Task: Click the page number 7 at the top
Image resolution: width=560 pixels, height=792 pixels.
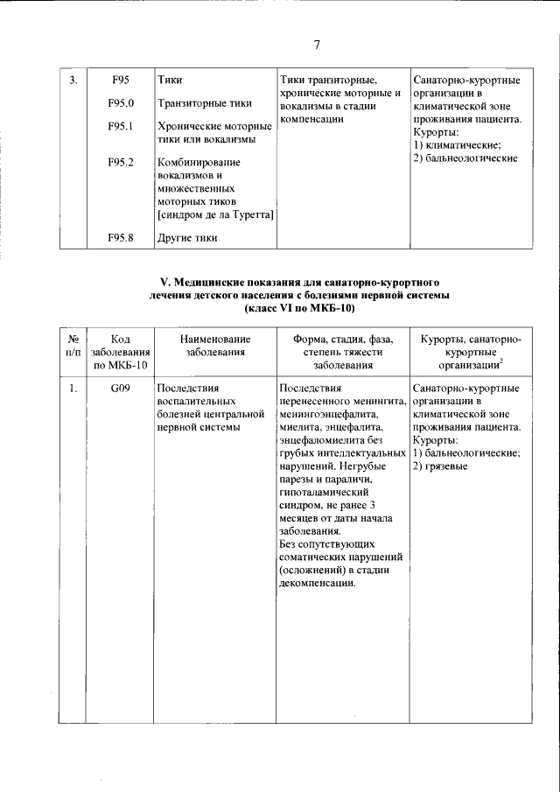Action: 317,46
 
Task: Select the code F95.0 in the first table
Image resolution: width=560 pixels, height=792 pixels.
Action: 120,103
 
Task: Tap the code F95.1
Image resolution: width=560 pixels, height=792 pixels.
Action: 120,126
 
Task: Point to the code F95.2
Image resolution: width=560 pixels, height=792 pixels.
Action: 120,162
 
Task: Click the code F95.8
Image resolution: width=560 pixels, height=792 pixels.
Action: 120,237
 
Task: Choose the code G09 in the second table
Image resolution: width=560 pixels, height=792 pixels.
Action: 120,389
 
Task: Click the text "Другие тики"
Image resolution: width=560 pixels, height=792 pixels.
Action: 187,237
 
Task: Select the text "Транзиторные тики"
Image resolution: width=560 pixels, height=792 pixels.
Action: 204,103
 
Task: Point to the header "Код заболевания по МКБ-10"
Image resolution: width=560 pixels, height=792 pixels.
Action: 120,352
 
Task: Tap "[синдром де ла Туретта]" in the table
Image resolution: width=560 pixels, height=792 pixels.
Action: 215,214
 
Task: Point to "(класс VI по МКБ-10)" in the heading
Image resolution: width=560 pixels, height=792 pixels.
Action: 300,308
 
